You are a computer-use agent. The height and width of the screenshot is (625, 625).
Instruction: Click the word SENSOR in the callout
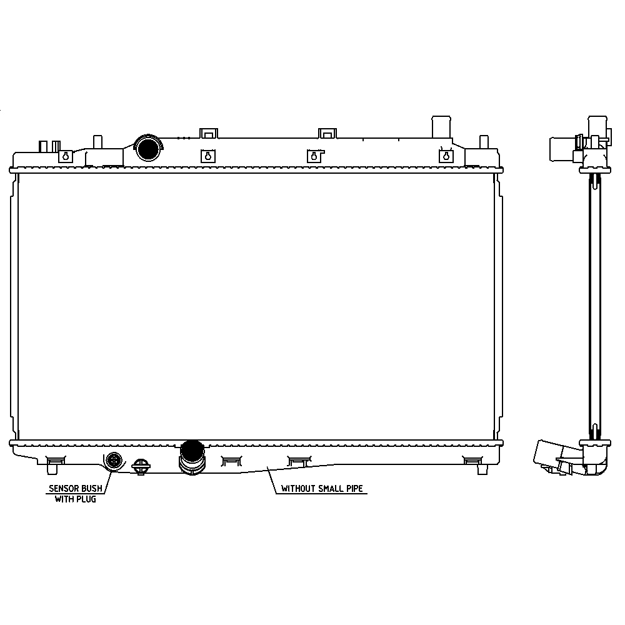(x=64, y=488)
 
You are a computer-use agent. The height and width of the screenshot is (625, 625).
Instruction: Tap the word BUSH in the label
(x=92, y=488)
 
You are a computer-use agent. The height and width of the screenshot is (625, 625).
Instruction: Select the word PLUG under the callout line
(x=86, y=499)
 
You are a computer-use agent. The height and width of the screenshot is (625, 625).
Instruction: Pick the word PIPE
(x=355, y=488)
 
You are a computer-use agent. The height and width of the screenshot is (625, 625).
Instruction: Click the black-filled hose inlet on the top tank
(x=148, y=147)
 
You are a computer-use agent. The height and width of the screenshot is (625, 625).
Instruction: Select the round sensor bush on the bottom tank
(x=114, y=461)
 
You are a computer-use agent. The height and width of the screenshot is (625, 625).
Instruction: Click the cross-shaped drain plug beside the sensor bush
(x=141, y=466)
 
